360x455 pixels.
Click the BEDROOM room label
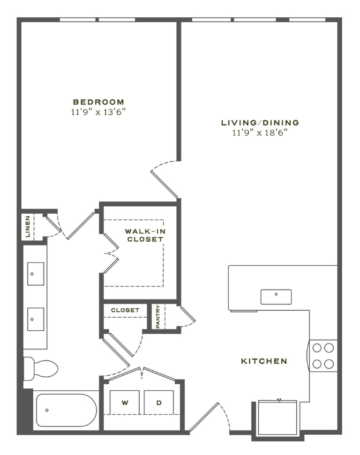(98, 102)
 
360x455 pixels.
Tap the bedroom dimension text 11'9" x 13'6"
(98, 112)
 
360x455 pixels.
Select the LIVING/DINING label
(260, 123)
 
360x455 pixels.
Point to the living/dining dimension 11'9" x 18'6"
(260, 133)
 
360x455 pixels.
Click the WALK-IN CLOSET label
(145, 235)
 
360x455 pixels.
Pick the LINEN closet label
(28, 227)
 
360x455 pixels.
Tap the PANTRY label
(158, 317)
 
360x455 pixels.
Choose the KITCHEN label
(264, 361)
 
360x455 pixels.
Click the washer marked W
(125, 403)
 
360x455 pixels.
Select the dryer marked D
(159, 403)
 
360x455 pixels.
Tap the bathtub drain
(47, 410)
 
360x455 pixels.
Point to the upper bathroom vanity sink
(36, 274)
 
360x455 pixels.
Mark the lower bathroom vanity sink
(36, 319)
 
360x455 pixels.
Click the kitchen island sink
(276, 297)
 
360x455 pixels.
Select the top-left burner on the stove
(317, 348)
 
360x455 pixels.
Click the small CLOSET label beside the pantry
(125, 310)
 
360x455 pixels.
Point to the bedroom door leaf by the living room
(164, 184)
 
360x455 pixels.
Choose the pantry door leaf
(187, 314)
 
